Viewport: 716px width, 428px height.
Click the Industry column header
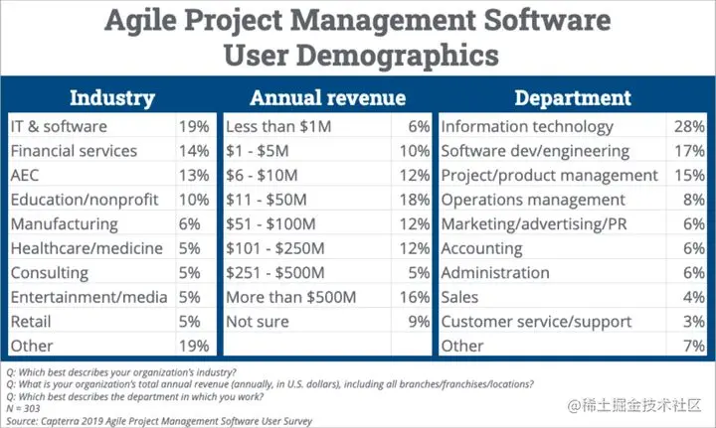(111, 97)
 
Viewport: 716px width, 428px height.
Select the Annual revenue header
(327, 97)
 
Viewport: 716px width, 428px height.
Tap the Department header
(572, 97)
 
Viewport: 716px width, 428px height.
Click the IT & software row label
(58, 127)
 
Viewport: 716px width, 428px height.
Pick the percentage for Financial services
(195, 152)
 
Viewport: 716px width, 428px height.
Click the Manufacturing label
(64, 224)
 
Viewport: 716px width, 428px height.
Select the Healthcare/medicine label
(78, 249)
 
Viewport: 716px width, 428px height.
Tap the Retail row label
(31, 322)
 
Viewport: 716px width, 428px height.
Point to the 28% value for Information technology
(687, 127)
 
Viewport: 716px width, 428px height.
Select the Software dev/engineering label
(534, 152)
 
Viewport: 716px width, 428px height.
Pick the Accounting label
(481, 249)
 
